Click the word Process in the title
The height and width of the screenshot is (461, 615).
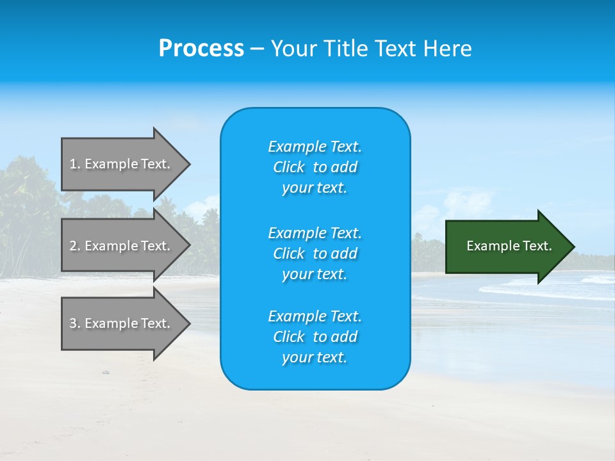click(x=201, y=49)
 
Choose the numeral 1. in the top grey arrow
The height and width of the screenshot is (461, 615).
click(x=74, y=164)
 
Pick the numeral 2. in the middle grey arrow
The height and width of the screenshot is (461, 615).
click(x=74, y=246)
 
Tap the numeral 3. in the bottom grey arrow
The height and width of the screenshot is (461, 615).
click(x=74, y=323)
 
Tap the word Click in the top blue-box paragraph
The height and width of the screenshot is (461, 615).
click(x=288, y=167)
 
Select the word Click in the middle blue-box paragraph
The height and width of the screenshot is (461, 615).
click(x=288, y=254)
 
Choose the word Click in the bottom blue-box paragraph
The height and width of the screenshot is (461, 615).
click(x=288, y=337)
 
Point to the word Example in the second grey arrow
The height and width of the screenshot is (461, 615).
click(x=111, y=246)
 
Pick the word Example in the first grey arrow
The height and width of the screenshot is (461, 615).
click(x=111, y=164)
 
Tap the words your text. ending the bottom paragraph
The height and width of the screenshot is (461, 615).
click(x=315, y=357)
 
